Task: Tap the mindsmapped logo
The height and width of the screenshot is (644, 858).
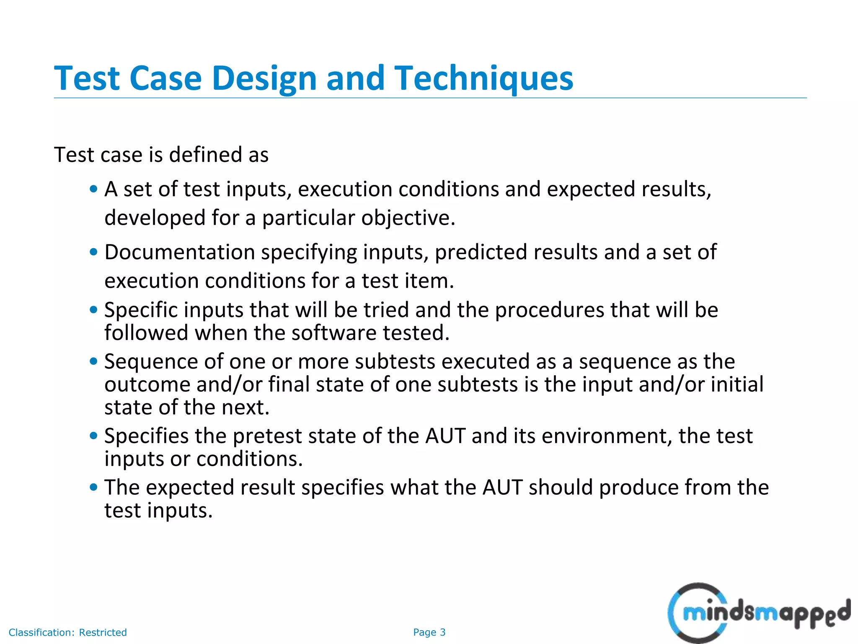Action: pos(758,613)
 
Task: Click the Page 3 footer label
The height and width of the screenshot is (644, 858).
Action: pos(429,632)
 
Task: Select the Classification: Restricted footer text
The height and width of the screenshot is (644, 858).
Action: pos(67,632)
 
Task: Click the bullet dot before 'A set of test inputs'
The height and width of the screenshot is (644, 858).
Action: pos(94,189)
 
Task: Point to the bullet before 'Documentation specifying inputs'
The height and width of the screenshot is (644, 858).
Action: pos(94,252)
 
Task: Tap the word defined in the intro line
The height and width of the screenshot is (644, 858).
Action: pos(205,155)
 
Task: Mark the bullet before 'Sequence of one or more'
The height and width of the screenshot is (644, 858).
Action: pos(94,361)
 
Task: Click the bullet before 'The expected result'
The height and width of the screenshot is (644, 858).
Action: pos(94,488)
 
